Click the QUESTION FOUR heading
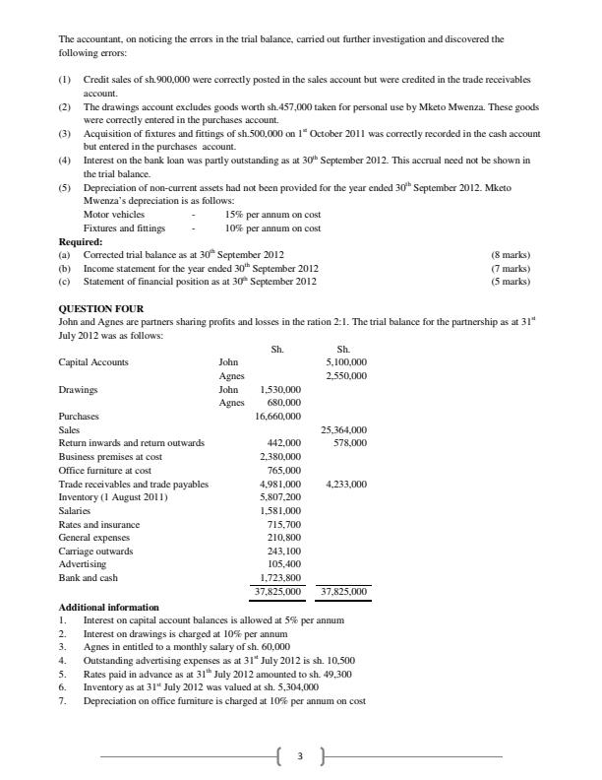(101, 309)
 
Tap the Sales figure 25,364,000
(344, 430)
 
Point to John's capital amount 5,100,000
(346, 362)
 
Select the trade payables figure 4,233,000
(344, 484)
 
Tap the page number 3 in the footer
(300, 756)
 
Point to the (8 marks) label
(510, 254)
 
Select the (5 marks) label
(510, 281)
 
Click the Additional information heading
(108, 608)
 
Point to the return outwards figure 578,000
(349, 443)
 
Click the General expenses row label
(94, 538)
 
